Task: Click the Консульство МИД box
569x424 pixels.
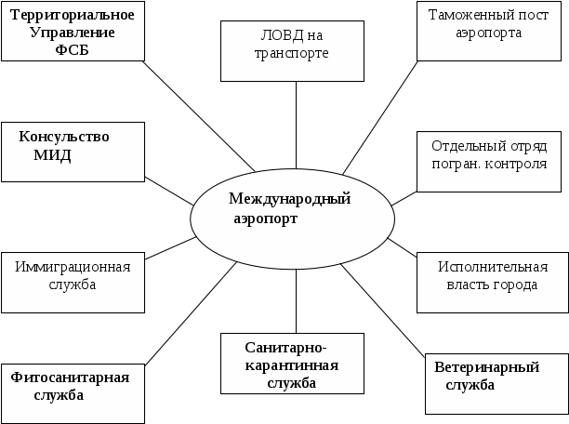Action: tap(72, 151)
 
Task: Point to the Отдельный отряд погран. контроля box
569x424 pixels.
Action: tap(489, 159)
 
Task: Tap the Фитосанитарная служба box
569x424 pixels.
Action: tap(72, 391)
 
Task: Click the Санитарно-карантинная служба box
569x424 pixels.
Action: tap(291, 364)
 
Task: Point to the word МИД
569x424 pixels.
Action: tap(52, 155)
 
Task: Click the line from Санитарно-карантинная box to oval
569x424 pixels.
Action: tap(297, 302)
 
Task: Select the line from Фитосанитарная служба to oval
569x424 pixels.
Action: tap(186, 316)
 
